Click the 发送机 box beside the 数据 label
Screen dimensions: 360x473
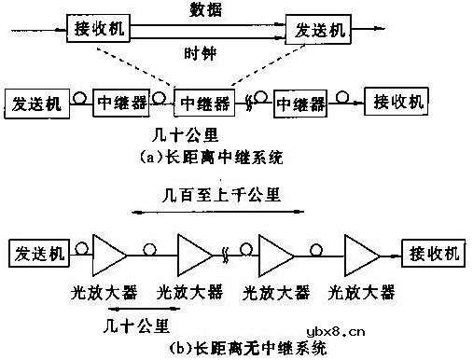pos(318,29)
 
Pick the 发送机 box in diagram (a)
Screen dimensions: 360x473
pos(36,103)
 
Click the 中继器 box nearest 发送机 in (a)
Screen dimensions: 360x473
pos(119,103)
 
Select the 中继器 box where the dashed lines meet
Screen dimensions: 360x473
pos(205,103)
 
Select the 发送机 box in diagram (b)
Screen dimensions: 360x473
pos(37,252)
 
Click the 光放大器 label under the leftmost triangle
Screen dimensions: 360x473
pos(104,294)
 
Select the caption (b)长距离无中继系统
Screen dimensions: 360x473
pos(247,351)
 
